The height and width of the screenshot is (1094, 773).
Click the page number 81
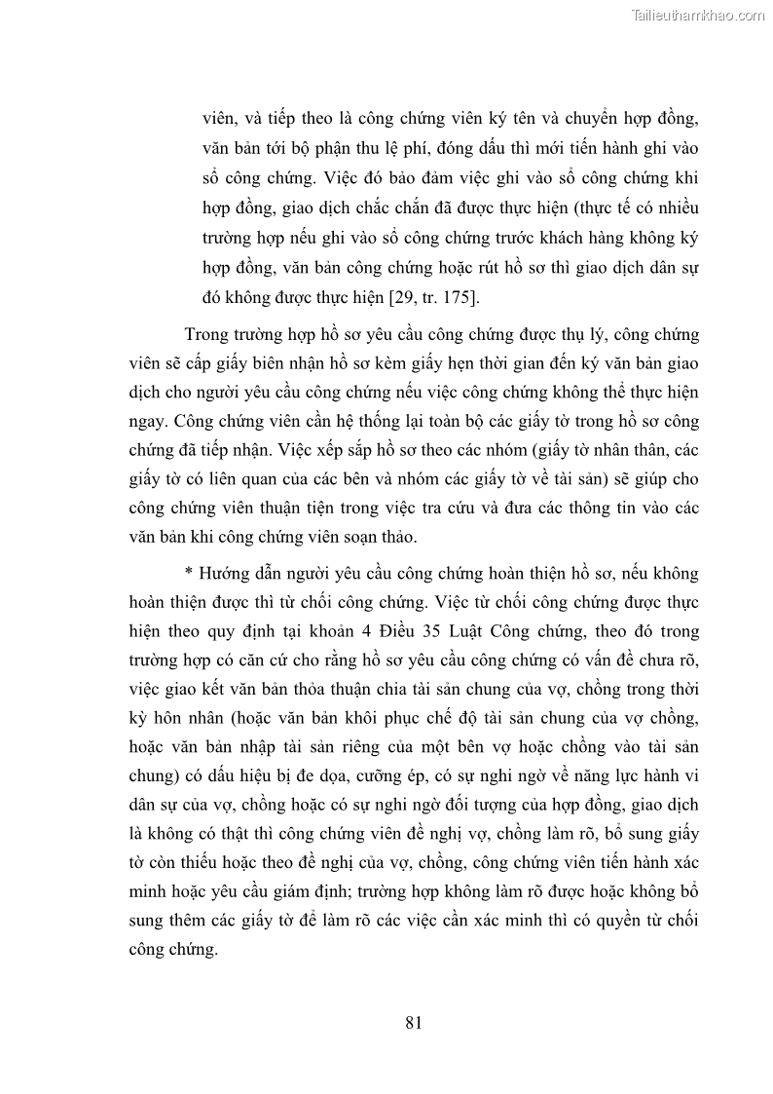pyautogui.click(x=412, y=1022)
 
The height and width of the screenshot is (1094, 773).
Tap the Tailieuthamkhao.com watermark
pyautogui.click(x=699, y=16)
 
